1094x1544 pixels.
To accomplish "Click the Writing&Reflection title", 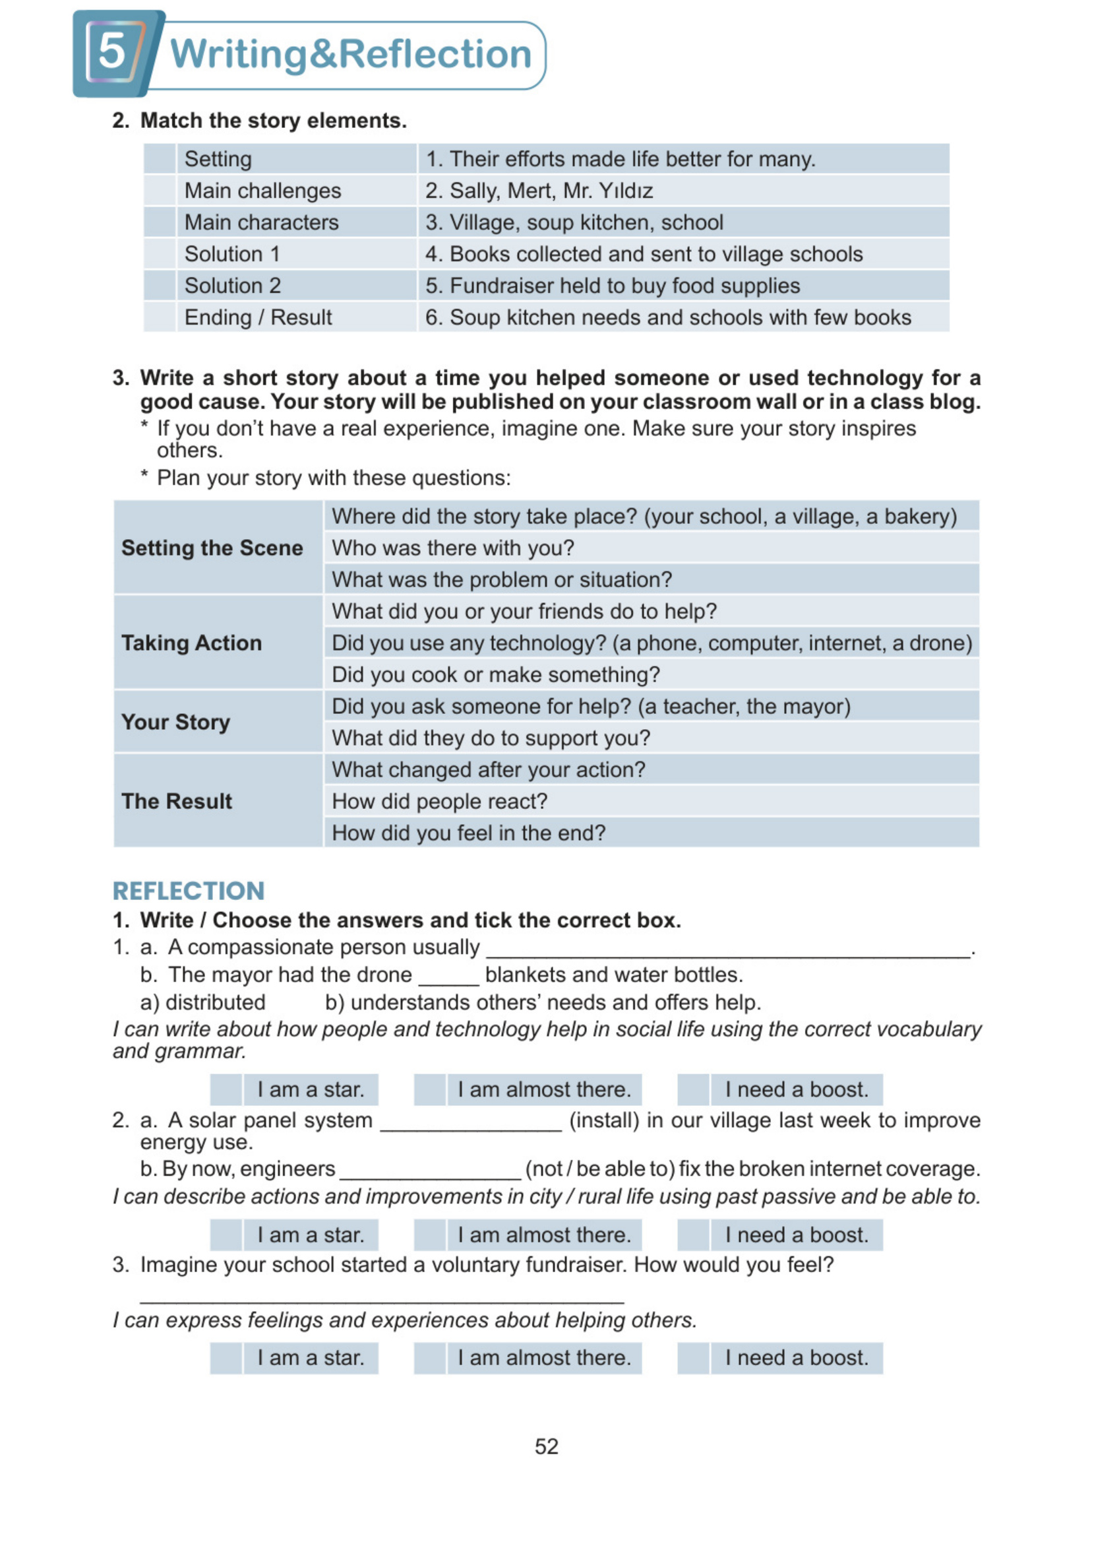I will tap(350, 54).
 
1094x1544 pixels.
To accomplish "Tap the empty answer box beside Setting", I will tap(160, 159).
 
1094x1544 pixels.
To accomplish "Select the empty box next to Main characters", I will tap(160, 222).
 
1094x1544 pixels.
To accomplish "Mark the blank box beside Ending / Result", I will tap(160, 317).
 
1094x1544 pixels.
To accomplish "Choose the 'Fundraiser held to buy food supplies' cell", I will tap(613, 286).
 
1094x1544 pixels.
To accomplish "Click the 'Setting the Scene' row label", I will tap(212, 548).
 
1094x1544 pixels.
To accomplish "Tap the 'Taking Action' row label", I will tap(191, 643).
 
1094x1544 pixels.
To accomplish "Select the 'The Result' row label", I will tap(177, 801).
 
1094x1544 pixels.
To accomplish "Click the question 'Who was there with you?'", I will tap(452, 548).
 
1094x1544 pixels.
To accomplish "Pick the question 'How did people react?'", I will tap(439, 801).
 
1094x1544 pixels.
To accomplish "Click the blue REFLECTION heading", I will tap(189, 891).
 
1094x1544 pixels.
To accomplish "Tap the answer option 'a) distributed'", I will tap(202, 1002).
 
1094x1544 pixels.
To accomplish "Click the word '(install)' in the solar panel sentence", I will tap(603, 1120).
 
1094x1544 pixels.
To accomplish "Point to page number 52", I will tap(546, 1446).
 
